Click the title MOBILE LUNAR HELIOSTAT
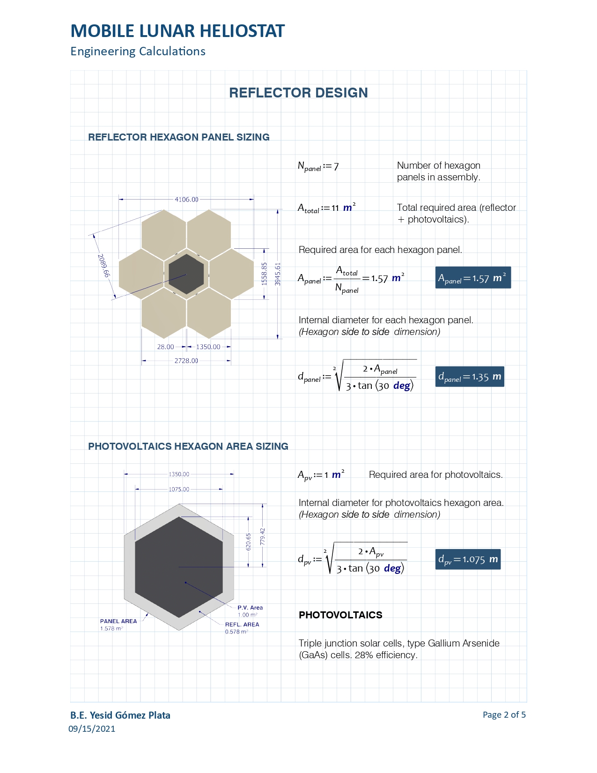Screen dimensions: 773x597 (177, 31)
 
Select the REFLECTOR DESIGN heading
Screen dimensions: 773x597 (298, 93)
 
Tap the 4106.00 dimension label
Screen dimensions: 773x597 (186, 200)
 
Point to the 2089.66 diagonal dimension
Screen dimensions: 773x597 (103, 266)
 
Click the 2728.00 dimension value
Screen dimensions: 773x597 (186, 361)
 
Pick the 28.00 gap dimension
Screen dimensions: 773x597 (165, 347)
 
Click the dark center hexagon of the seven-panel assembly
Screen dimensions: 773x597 (186, 274)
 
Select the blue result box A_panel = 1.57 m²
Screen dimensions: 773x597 (472, 278)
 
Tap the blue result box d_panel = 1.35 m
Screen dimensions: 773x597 (470, 377)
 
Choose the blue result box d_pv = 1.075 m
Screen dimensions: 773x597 (468, 559)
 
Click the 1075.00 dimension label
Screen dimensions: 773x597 (179, 490)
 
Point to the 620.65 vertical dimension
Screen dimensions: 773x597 (249, 542)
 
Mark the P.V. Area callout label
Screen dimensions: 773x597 (250, 608)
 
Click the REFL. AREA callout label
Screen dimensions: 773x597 (242, 624)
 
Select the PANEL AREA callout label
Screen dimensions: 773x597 (118, 621)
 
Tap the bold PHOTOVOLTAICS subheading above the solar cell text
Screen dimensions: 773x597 (340, 615)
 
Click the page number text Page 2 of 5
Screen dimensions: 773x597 (504, 715)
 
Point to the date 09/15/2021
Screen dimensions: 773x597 (92, 729)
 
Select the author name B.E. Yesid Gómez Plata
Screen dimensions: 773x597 (120, 715)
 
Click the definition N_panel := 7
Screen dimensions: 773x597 (318, 166)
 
